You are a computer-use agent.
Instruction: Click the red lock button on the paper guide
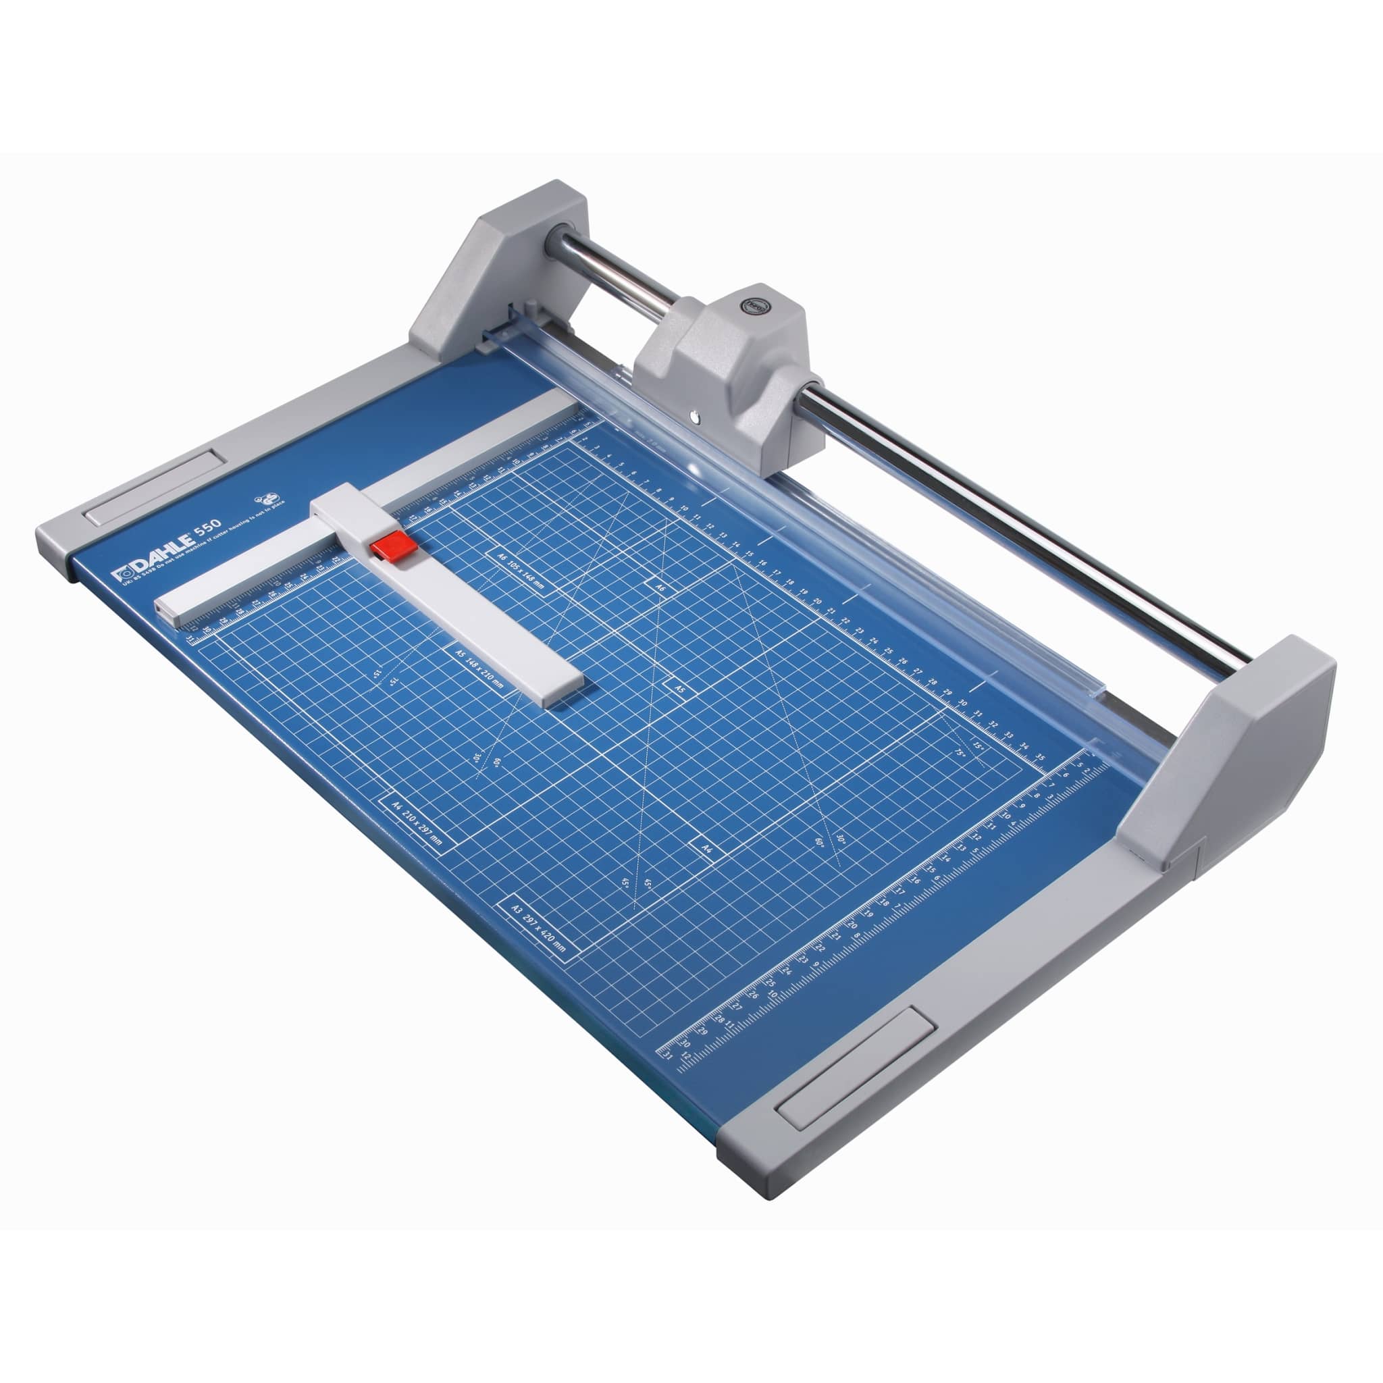click(394, 546)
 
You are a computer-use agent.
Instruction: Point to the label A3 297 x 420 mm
click(538, 931)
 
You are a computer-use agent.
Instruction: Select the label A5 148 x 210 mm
click(479, 666)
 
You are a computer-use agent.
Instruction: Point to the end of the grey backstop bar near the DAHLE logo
click(166, 608)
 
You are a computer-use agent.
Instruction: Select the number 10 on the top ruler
click(684, 509)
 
